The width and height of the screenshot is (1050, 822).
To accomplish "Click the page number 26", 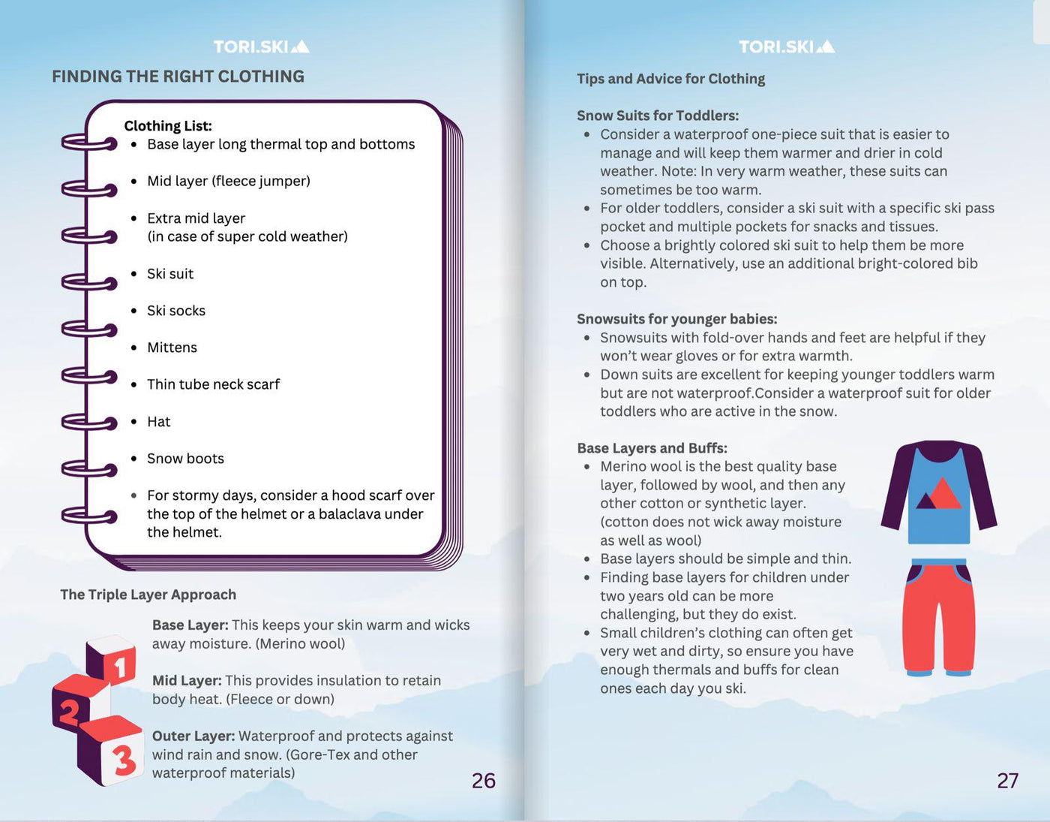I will click(x=484, y=781).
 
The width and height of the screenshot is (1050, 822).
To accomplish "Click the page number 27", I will click(x=1008, y=781).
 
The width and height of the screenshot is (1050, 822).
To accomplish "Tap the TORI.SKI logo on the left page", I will click(x=261, y=47).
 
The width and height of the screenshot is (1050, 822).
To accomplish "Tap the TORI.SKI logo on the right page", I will click(x=786, y=47).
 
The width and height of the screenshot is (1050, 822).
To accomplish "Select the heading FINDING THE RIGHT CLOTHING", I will click(x=178, y=77).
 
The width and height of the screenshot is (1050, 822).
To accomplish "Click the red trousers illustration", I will click(x=939, y=617).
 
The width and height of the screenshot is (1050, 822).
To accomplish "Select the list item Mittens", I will click(x=172, y=348).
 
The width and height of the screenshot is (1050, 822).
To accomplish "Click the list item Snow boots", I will click(x=185, y=459).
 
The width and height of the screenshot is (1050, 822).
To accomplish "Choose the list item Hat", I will click(x=158, y=422).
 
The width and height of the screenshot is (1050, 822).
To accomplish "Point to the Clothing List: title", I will click(x=168, y=126).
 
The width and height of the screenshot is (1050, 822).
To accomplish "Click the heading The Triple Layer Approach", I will click(x=148, y=595).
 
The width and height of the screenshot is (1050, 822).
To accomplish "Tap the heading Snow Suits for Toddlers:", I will click(x=658, y=116).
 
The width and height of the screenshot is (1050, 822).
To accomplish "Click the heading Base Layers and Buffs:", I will click(x=652, y=448).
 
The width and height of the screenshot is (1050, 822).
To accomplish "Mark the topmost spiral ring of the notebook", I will click(x=88, y=142).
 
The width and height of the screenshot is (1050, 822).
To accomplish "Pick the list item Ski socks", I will click(x=175, y=311).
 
